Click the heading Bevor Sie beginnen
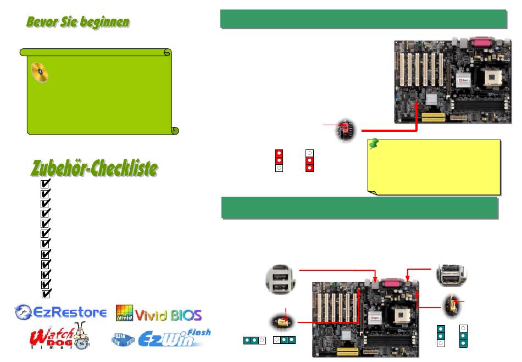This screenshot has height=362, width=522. pos(78,23)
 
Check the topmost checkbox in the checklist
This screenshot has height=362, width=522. pos(46,184)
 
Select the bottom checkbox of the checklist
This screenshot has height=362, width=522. pos(46,293)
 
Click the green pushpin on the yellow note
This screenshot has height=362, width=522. pos(375,144)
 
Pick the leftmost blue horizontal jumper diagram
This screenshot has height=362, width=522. pos(254,341)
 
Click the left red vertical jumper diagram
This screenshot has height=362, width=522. pos(279,160)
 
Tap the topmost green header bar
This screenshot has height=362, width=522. pos(363,18)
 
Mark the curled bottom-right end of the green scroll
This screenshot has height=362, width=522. pos(175,130)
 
